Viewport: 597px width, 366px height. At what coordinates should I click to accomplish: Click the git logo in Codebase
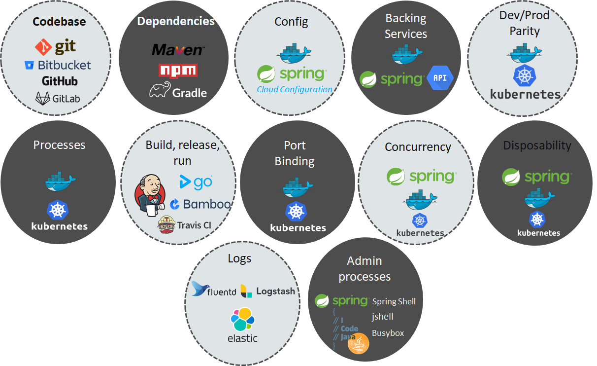[x=56, y=47]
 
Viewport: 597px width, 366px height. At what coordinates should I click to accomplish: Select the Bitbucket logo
[x=58, y=65]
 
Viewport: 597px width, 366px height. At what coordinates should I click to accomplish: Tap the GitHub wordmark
[x=60, y=81]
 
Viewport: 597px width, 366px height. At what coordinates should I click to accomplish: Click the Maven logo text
[x=178, y=50]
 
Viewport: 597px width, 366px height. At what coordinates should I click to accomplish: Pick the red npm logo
[x=178, y=71]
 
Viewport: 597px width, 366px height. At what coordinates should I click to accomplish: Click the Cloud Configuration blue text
[x=294, y=89]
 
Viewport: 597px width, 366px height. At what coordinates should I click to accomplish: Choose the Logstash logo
[x=268, y=291]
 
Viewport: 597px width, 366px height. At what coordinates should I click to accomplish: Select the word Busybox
[x=388, y=333]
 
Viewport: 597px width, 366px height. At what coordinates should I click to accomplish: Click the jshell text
[x=383, y=317]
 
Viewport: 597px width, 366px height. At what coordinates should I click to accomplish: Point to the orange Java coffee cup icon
[x=359, y=343]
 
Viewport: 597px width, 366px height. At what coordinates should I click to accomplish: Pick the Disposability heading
[x=537, y=146]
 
